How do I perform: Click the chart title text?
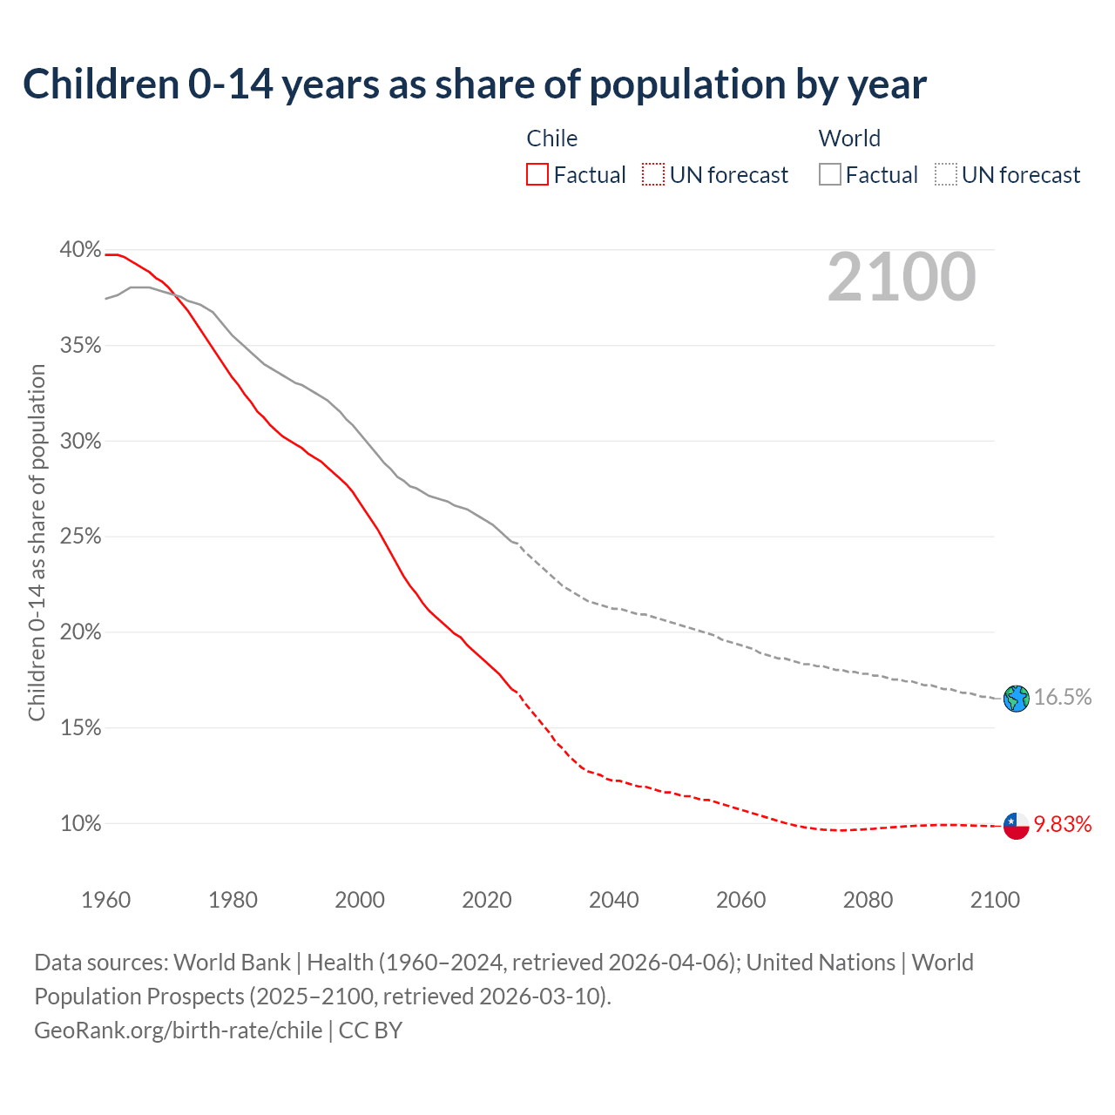click(475, 84)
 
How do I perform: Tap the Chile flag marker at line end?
click(1016, 825)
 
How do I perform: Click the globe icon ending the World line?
click(1016, 698)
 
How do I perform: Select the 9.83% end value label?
click(1063, 825)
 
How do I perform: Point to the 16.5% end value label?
click(1063, 697)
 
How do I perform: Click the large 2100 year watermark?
click(902, 277)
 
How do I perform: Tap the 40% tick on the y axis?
click(80, 250)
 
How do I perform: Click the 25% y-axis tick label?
click(80, 537)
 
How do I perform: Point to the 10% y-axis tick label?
click(80, 823)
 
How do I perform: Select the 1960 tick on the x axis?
click(106, 900)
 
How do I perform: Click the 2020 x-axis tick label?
click(487, 900)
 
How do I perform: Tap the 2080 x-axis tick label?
click(868, 900)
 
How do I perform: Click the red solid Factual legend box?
click(537, 175)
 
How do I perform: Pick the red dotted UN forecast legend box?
click(653, 175)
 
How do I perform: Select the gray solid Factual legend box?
click(830, 175)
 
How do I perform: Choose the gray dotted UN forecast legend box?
click(946, 175)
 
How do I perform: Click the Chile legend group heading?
click(552, 139)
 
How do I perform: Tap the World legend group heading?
click(849, 139)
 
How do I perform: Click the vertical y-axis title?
click(37, 542)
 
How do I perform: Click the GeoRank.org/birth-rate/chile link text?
click(178, 1031)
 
